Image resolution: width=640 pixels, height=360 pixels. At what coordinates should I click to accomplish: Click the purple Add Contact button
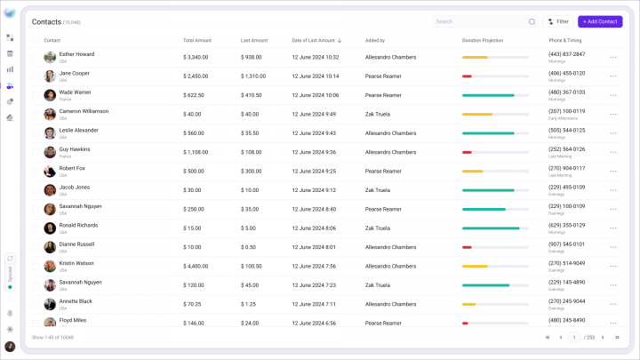(x=600, y=21)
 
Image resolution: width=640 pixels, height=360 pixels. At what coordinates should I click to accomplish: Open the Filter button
(x=558, y=21)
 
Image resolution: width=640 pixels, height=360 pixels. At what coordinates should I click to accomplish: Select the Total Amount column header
(x=198, y=40)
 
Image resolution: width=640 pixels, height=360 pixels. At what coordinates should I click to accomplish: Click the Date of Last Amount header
(x=314, y=40)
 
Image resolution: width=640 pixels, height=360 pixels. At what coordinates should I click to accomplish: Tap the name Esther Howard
(x=76, y=54)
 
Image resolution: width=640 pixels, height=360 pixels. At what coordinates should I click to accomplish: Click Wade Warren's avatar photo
(x=50, y=95)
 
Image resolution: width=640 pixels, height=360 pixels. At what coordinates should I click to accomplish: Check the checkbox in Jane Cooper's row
(x=36, y=76)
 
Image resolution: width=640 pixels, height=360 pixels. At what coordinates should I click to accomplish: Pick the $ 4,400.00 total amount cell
(x=196, y=266)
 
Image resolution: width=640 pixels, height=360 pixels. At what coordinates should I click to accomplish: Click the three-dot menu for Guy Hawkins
(x=612, y=152)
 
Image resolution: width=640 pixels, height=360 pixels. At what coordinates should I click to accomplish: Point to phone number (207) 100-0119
(x=566, y=111)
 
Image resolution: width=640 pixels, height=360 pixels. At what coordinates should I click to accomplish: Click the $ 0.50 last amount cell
(x=249, y=247)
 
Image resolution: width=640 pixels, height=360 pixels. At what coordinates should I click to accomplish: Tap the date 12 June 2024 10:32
(x=315, y=57)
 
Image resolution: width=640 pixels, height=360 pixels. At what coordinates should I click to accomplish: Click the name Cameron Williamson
(x=84, y=111)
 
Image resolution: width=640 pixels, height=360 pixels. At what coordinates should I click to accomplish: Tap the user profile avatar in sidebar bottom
(x=10, y=347)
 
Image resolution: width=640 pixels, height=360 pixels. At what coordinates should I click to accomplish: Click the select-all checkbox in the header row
(x=36, y=40)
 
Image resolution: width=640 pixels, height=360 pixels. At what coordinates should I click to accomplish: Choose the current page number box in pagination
(x=574, y=338)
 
